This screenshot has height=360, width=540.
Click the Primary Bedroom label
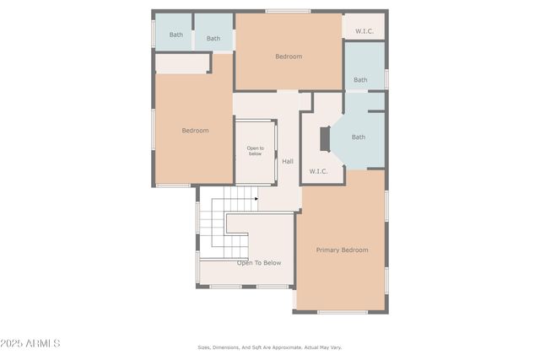(x=342, y=250)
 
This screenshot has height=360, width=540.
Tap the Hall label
(x=288, y=161)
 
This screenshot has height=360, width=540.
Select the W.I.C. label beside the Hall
(x=318, y=171)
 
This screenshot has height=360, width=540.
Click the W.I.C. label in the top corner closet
(x=364, y=31)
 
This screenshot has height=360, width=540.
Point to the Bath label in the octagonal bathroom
(x=359, y=137)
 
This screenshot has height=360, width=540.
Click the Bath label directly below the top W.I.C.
(x=360, y=80)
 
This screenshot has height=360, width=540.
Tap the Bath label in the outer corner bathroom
(x=175, y=35)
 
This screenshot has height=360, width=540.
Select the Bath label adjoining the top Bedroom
(x=213, y=38)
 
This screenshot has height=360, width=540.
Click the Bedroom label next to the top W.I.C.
(x=289, y=56)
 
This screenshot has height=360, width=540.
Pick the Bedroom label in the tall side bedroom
(x=195, y=131)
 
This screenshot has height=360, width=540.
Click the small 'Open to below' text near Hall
(x=255, y=151)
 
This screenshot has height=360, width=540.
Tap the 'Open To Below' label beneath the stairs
(x=259, y=262)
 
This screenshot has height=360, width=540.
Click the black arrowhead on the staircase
(x=256, y=199)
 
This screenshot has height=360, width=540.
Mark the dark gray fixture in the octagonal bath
(x=325, y=140)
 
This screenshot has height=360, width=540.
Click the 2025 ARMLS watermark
(x=30, y=343)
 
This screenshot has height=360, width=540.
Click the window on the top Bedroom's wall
(x=288, y=11)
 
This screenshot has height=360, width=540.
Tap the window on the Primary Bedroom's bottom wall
(x=343, y=312)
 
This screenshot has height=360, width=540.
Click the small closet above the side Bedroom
(x=182, y=63)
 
